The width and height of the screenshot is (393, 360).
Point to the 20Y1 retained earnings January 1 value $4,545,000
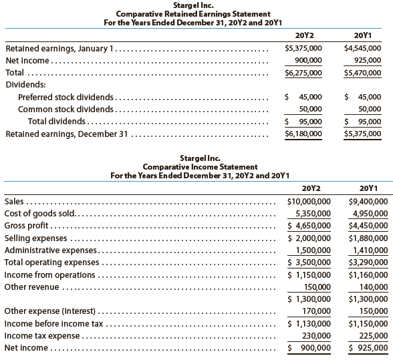click(x=362, y=48)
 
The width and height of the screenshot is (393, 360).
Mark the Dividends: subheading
click(x=25, y=85)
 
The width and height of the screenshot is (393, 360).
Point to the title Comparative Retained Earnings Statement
click(x=196, y=13)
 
